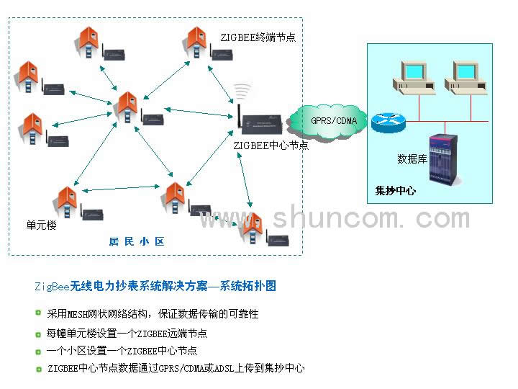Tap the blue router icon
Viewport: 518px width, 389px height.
click(389, 120)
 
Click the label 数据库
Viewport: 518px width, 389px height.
click(413, 159)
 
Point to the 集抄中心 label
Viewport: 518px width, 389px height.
click(396, 192)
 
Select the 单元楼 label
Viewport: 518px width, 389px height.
click(41, 225)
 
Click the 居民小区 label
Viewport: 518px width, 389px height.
click(137, 241)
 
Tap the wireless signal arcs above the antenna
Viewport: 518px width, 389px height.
click(242, 91)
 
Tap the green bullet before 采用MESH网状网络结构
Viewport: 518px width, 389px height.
click(38, 313)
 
